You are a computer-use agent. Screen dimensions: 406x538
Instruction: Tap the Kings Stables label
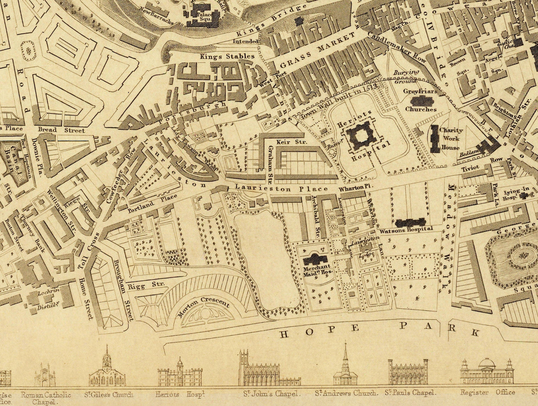click(227, 57)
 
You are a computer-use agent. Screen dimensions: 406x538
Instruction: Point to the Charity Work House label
click(451, 139)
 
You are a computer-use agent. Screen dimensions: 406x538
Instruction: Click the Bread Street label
click(61, 130)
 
